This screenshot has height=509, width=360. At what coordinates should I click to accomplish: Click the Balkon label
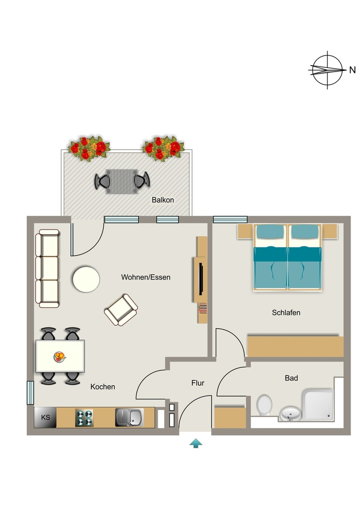(163, 200)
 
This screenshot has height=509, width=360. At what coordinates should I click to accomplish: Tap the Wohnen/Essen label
(146, 277)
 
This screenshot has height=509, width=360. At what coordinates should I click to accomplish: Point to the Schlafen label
(286, 313)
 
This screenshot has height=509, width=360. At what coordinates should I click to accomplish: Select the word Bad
(291, 378)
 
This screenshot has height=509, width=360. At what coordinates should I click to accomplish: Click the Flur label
(198, 383)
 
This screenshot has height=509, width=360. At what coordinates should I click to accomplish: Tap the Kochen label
(102, 387)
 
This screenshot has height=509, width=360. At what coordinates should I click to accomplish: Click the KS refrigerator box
(45, 418)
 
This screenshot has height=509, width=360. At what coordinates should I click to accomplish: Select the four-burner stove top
(84, 418)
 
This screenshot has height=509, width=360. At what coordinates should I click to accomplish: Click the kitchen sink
(129, 418)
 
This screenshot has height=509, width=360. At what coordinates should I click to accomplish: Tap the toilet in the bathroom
(264, 405)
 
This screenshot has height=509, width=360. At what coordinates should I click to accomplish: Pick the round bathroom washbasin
(291, 414)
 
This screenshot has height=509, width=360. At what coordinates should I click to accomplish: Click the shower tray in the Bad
(318, 405)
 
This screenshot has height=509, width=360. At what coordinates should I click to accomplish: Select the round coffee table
(86, 279)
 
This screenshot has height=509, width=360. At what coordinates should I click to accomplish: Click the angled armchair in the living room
(121, 310)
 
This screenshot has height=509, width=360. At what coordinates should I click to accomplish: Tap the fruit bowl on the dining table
(59, 357)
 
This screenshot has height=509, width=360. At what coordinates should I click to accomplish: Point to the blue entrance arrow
(196, 443)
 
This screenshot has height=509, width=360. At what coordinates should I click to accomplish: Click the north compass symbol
(327, 70)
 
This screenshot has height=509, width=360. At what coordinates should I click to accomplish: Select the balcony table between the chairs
(122, 181)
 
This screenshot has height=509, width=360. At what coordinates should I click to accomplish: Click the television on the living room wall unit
(201, 279)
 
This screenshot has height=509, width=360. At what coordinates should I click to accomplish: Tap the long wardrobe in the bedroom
(295, 346)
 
